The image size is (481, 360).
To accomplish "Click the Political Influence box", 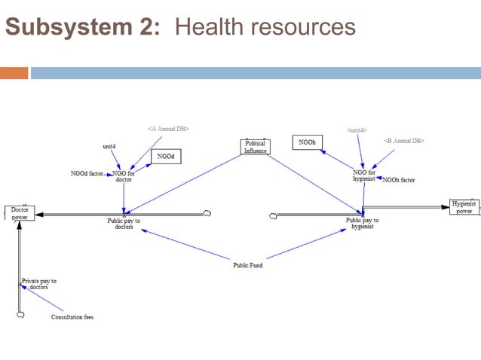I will (x=255, y=146).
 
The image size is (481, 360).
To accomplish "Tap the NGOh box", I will (x=307, y=142).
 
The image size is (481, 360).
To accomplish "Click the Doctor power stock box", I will (x=19, y=213).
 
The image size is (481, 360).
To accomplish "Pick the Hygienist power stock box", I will (x=464, y=206).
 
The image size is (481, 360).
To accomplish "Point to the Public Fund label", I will (x=247, y=265).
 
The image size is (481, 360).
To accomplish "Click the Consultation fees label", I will (x=72, y=317).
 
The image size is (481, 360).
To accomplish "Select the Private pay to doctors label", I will (x=38, y=284).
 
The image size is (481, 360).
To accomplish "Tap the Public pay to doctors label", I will (x=124, y=224).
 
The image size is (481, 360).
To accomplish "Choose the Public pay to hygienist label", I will (x=362, y=224).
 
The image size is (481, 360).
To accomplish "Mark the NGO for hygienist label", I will (x=364, y=175).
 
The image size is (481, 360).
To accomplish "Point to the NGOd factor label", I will (x=87, y=174).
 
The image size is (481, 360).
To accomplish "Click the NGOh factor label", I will (x=399, y=180).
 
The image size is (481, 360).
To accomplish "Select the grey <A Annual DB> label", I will (x=167, y=129).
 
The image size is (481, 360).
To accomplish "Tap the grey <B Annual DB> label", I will (x=404, y=140).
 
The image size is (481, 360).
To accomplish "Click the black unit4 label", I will (x=109, y=145).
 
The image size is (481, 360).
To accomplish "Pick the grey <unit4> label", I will (x=357, y=130).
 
